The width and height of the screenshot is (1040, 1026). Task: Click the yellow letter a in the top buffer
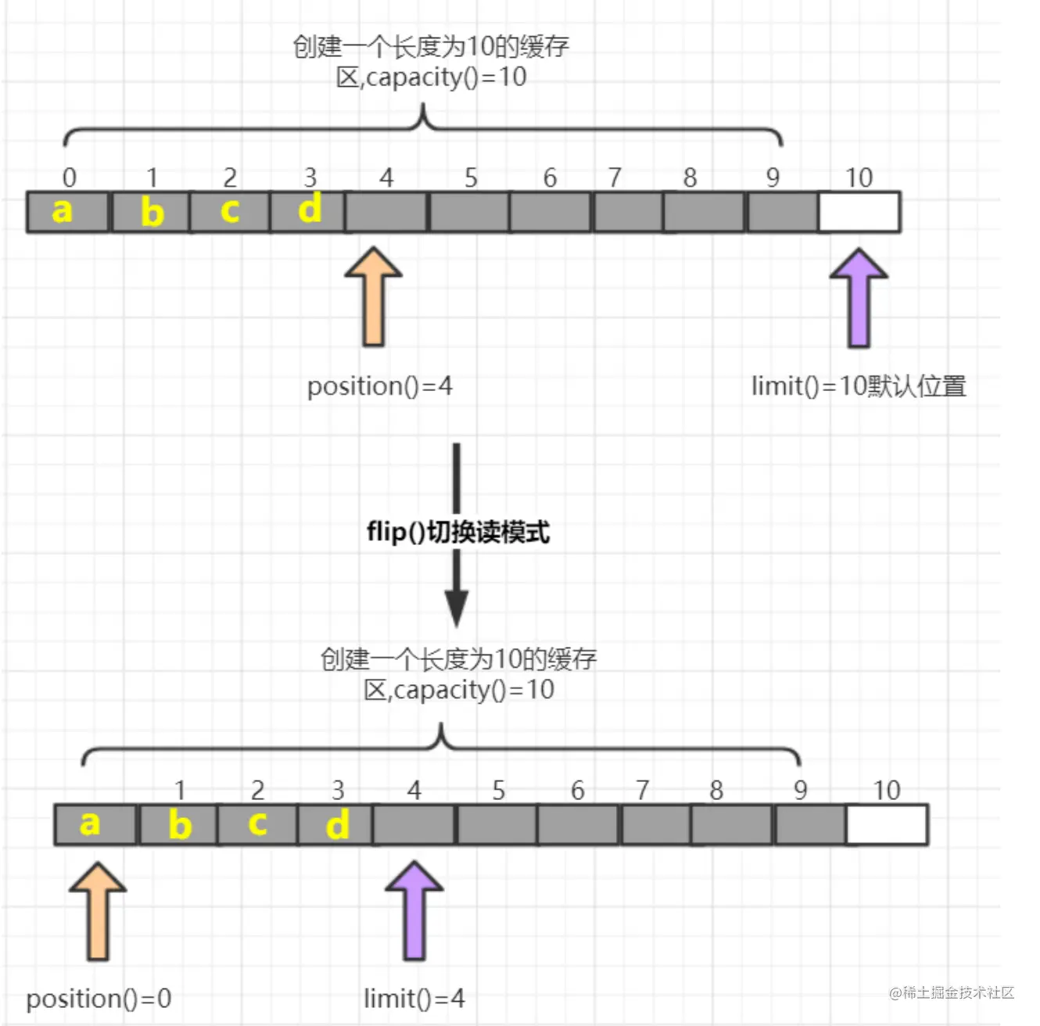[x=62, y=210]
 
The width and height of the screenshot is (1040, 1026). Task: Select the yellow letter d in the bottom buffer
[x=337, y=825]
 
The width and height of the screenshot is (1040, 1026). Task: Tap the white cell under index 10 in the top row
[x=859, y=212]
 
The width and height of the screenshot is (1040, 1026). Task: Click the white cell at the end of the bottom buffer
[x=887, y=825]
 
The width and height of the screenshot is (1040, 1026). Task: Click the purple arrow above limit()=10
[x=859, y=297]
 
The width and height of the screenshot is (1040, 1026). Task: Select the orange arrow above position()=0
[x=98, y=910]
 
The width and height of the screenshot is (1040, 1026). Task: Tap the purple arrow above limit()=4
[x=414, y=910]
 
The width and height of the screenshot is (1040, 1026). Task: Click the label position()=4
[x=379, y=386]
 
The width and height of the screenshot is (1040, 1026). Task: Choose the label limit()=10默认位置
[x=859, y=386]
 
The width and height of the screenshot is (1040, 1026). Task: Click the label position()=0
[x=99, y=999]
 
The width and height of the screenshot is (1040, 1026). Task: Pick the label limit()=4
[x=414, y=999]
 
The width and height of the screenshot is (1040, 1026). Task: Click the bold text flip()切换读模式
[x=458, y=533]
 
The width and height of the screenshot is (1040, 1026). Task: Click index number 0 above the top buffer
[x=70, y=178]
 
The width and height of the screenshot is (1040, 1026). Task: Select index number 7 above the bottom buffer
[x=642, y=791]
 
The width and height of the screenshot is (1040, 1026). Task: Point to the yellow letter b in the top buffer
[x=152, y=212]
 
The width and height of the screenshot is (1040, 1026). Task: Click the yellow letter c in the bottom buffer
[x=258, y=823]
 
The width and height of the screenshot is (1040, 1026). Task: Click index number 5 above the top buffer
[x=471, y=178]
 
